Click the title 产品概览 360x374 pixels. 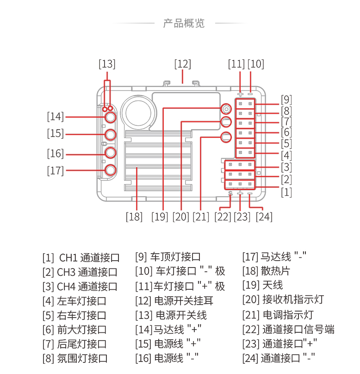(184, 23)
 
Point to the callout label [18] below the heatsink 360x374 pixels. (134, 216)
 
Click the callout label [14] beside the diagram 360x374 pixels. (55, 116)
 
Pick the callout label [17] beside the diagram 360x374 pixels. (55, 170)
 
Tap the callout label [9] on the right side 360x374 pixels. (286, 99)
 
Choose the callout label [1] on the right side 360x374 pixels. (286, 192)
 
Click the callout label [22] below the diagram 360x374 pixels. (223, 216)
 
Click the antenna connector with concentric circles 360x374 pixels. (226, 108)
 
